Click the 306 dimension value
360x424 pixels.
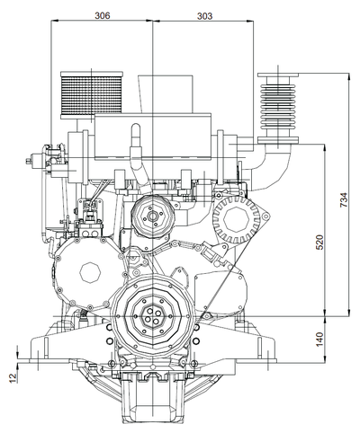[103, 15]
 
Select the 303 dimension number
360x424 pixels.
[204, 16]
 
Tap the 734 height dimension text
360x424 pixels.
[344, 199]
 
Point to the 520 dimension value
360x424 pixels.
[320, 242]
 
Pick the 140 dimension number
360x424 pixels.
[320, 340]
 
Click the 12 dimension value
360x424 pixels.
[13, 377]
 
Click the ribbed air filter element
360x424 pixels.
[92, 94]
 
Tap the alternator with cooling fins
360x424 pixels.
[237, 219]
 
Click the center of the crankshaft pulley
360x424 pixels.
[152, 316]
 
